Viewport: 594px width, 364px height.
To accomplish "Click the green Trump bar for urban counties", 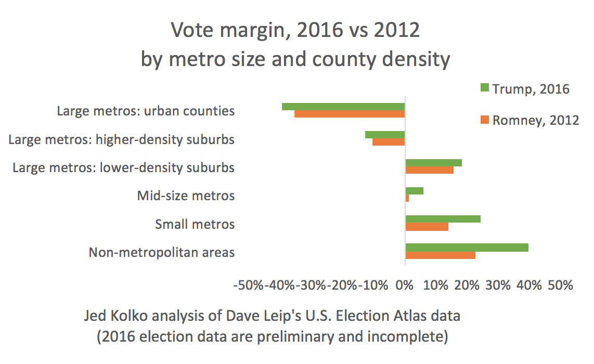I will coord(343,107).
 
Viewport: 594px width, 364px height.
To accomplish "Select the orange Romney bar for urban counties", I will coord(350,114).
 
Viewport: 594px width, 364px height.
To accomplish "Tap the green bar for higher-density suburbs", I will coord(385,135).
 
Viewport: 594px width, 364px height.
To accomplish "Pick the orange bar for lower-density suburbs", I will coord(430,170).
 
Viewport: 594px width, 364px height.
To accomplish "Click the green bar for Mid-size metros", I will coord(415,191).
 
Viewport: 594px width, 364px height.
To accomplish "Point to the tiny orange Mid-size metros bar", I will coord(407,198).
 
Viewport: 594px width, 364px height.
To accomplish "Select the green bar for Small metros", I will coord(443,219).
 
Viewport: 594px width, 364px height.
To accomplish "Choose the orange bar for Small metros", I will coord(427,226).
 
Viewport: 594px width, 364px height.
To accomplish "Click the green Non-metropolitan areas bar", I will coord(467,248).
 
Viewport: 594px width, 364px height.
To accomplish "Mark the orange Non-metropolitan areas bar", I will coord(441,255).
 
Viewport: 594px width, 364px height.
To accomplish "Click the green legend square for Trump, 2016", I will coord(484,89).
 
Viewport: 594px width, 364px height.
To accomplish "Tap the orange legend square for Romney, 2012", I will coord(484,120).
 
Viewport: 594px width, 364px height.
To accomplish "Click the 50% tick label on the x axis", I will coord(560,285).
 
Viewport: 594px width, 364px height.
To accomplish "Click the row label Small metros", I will coord(195,224).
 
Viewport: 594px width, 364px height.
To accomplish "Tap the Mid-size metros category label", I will coord(186,196).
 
